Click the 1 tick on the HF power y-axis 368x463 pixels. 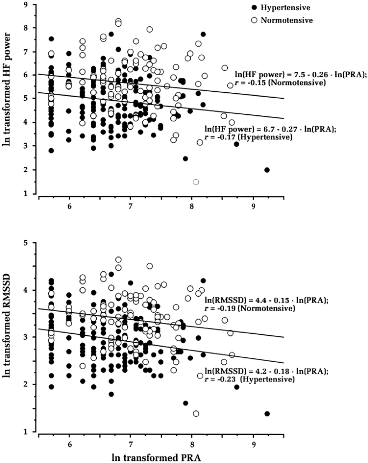30,194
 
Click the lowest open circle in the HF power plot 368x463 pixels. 196,182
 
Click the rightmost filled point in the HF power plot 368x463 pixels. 267,170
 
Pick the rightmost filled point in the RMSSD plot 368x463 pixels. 267,414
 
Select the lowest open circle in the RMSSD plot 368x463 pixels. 196,414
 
